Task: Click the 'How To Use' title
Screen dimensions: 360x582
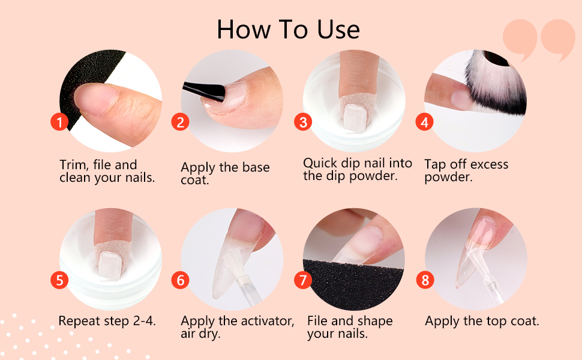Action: pyautogui.click(x=289, y=29)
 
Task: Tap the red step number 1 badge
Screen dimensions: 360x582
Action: pyautogui.click(x=58, y=122)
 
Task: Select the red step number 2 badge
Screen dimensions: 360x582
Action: pyautogui.click(x=180, y=122)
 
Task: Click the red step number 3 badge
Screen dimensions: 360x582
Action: pyautogui.click(x=303, y=122)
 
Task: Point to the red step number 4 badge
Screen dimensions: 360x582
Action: pyautogui.click(x=425, y=122)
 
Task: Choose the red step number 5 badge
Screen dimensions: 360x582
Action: pyautogui.click(x=58, y=280)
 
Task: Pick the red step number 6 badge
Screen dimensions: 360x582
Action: pyautogui.click(x=180, y=280)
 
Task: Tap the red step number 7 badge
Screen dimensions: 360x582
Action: pyautogui.click(x=303, y=280)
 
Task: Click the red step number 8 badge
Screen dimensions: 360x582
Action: pyautogui.click(x=425, y=280)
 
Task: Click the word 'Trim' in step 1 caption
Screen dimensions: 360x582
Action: pyautogui.click(x=73, y=165)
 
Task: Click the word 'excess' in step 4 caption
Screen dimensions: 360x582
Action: pyautogui.click(x=487, y=164)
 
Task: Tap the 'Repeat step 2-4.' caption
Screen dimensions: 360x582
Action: pyautogui.click(x=107, y=321)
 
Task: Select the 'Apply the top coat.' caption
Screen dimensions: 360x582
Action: pyautogui.click(x=482, y=321)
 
